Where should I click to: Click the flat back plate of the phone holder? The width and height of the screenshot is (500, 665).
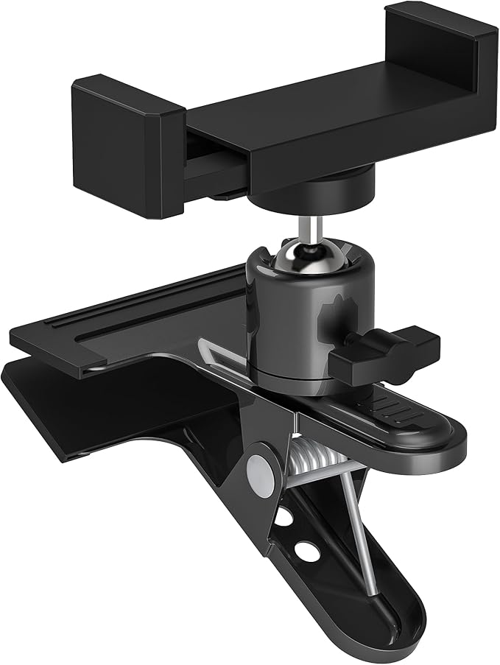click(331, 125)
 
